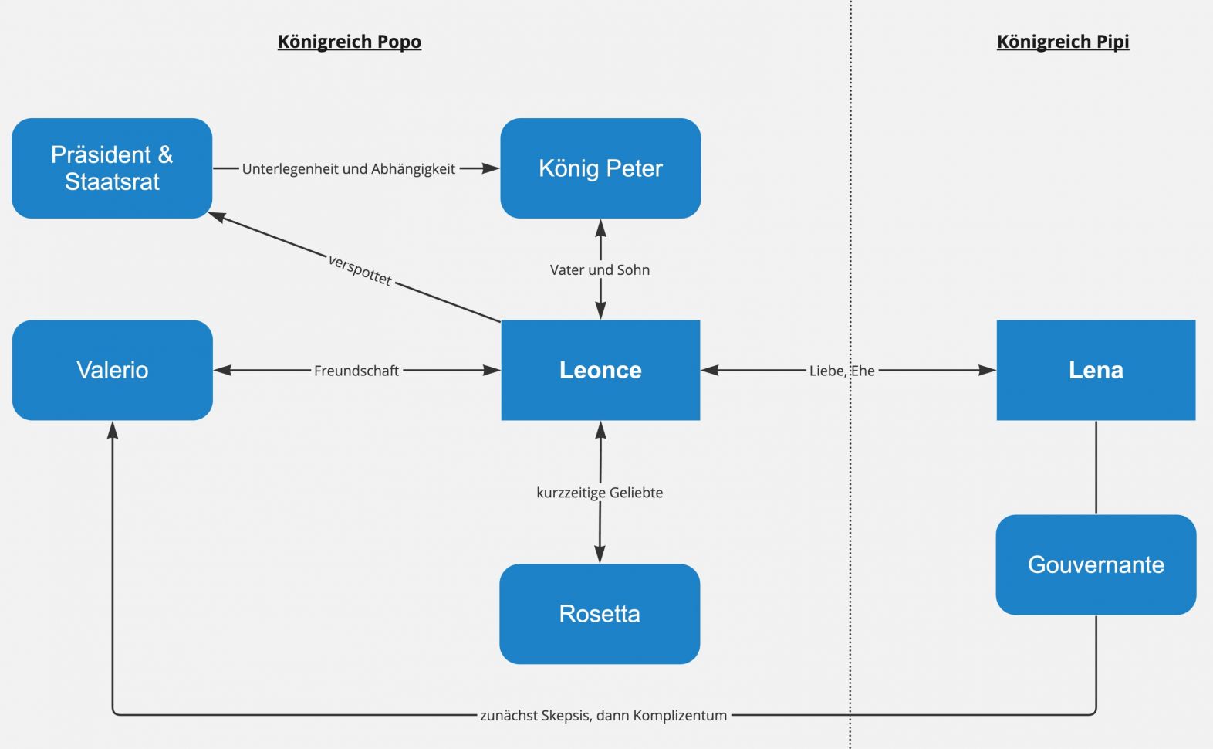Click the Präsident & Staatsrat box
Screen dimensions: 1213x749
pos(112,168)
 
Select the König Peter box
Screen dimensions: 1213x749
pos(600,168)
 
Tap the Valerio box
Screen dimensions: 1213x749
pos(113,370)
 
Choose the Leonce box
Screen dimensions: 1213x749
pos(600,370)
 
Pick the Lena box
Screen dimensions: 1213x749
pos(1096,370)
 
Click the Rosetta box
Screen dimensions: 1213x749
pos(600,614)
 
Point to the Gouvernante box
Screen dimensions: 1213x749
pos(1096,564)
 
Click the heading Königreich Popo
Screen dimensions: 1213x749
pos(350,42)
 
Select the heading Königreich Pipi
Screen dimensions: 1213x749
pos(1063,42)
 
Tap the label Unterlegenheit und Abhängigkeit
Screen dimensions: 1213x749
pos(348,169)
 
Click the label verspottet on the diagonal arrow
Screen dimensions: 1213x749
pos(360,270)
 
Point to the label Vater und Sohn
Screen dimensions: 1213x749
pos(600,270)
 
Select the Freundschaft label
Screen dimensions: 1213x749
pos(356,371)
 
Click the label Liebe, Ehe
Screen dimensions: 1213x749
pos(842,371)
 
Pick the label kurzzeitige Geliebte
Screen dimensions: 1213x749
pos(600,493)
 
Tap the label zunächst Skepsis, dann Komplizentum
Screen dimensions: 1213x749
pos(603,715)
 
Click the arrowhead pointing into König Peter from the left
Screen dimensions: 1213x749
pos(491,168)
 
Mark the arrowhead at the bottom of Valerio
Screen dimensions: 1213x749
pos(113,430)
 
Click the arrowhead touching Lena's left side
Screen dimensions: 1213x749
pos(987,370)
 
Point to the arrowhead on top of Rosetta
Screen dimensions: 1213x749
pos(600,554)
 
